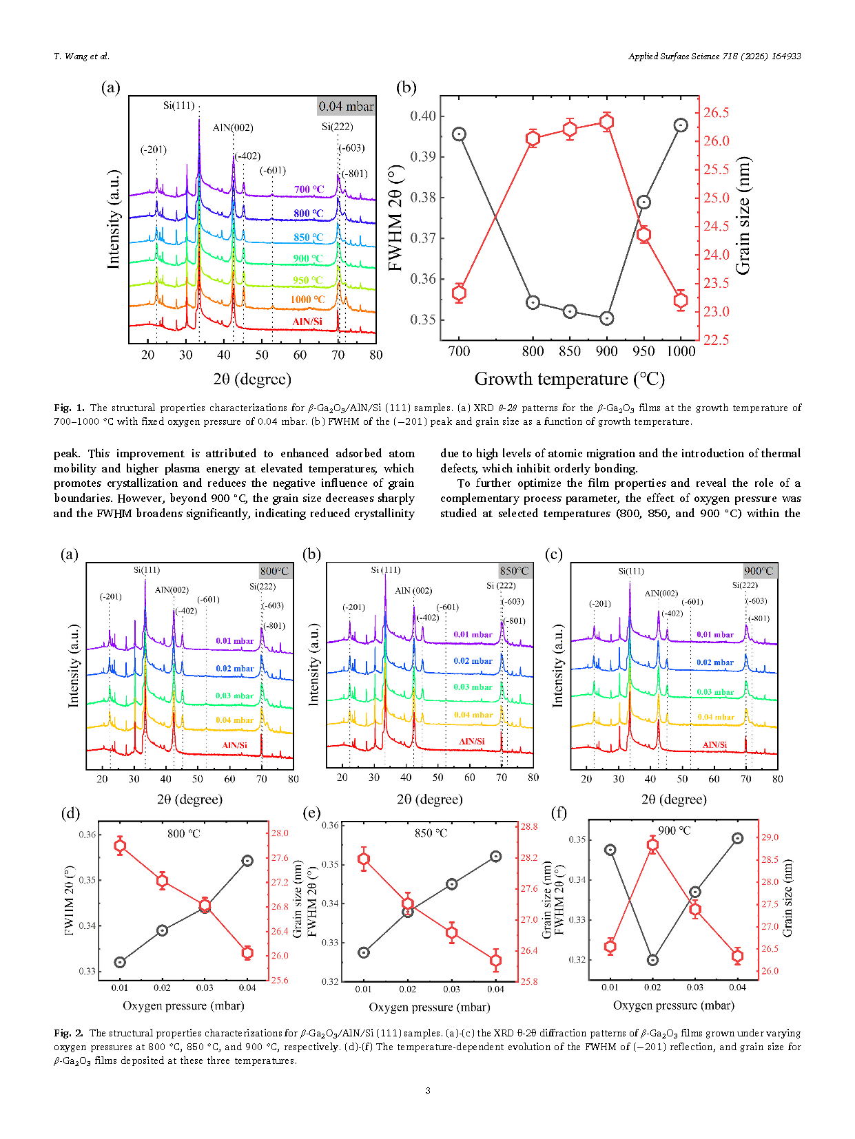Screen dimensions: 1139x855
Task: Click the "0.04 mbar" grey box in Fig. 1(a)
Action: (x=346, y=106)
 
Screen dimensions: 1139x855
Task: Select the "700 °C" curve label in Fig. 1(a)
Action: (x=309, y=189)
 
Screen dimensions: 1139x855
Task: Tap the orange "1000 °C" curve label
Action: (x=307, y=300)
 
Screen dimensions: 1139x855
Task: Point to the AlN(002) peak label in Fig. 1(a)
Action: (x=233, y=127)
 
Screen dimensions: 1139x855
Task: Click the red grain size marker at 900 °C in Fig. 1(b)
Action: (x=606, y=123)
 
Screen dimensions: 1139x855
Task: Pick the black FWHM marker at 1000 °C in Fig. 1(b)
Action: (x=681, y=125)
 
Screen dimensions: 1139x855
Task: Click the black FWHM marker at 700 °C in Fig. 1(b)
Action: (x=459, y=134)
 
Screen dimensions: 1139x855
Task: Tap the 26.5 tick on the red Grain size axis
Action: (x=716, y=113)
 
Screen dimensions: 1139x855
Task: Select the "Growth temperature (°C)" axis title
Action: (x=569, y=379)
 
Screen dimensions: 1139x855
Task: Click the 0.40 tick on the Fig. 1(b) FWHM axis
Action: (x=423, y=116)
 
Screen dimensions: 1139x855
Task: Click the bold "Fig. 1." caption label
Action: (x=69, y=408)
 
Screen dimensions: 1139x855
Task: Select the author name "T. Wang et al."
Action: (x=81, y=56)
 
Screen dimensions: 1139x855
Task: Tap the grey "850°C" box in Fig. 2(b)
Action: (x=514, y=571)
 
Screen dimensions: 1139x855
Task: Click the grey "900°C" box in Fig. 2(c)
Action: (x=759, y=571)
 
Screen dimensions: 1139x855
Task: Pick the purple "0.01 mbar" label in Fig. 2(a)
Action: (x=234, y=640)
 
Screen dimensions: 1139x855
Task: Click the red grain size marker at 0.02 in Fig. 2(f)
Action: (x=652, y=845)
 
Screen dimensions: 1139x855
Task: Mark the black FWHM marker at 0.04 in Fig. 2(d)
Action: (x=247, y=861)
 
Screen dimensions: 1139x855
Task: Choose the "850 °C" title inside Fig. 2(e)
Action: (x=431, y=833)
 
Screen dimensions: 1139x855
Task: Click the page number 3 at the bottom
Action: (x=428, y=1090)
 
